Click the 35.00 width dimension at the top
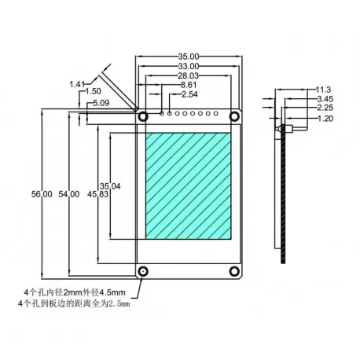pyautogui.click(x=189, y=56)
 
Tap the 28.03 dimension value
pyautogui.click(x=189, y=75)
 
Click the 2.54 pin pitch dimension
pyautogui.click(x=189, y=94)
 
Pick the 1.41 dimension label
pyautogui.click(x=77, y=83)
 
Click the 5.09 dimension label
pyautogui.click(x=100, y=103)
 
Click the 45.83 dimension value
pyautogui.click(x=98, y=194)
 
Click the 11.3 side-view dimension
pyautogui.click(x=323, y=90)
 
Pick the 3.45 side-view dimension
pyautogui.click(x=323, y=100)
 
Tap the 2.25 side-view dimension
pyautogui.click(x=323, y=108)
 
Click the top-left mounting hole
pyautogui.click(x=144, y=115)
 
